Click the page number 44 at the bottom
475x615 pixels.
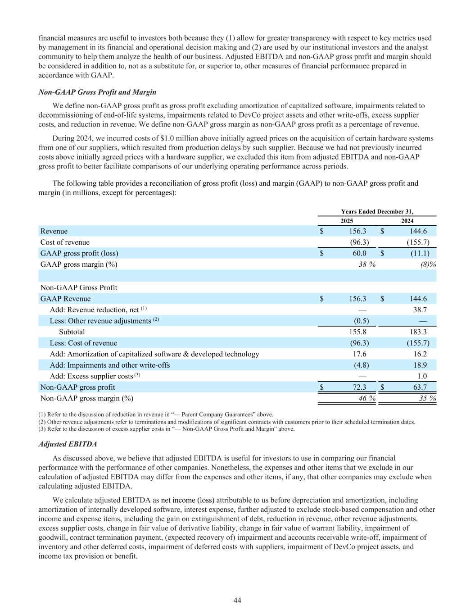pos(237,600)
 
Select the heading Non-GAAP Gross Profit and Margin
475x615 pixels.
pos(98,92)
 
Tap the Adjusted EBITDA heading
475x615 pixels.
pos(68,444)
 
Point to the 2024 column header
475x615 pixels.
pos(407,221)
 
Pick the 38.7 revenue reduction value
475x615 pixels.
pos(419,310)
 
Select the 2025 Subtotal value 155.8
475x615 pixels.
pos(358,332)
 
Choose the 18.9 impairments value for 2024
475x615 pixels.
pos(419,365)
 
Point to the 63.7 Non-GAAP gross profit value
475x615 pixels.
pos(419,387)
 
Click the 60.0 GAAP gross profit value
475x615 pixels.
pos(359,253)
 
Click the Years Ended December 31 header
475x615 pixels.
pos(377,211)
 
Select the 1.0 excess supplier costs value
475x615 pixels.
pos(422,376)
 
